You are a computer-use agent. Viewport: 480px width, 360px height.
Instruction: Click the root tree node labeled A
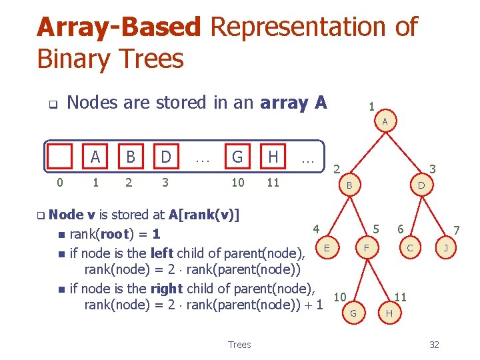pyautogui.click(x=385, y=121)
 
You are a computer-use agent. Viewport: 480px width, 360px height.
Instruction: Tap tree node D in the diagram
pyautogui.click(x=421, y=184)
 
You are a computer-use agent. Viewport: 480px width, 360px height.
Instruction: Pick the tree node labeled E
pyautogui.click(x=326, y=248)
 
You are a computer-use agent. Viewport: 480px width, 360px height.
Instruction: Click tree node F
pyautogui.click(x=366, y=248)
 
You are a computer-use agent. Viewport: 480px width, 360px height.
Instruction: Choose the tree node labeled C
pyautogui.click(x=410, y=248)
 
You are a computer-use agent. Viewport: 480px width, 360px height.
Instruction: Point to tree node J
pyautogui.click(x=445, y=248)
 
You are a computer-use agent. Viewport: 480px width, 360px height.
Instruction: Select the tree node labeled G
pyautogui.click(x=353, y=313)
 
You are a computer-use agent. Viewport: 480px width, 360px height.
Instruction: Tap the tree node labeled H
pyautogui.click(x=389, y=313)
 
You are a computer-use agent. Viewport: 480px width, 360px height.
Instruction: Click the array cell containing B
pyautogui.click(x=131, y=157)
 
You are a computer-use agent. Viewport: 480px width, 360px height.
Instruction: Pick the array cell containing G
pyautogui.click(x=237, y=157)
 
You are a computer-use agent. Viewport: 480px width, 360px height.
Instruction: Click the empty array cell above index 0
pyautogui.click(x=61, y=157)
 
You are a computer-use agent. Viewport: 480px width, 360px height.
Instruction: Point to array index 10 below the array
pyautogui.click(x=237, y=183)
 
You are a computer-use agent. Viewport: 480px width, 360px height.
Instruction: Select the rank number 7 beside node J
pyautogui.click(x=457, y=230)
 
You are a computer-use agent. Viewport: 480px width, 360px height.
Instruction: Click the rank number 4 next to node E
pyautogui.click(x=317, y=229)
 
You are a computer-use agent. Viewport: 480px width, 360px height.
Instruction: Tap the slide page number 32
pyautogui.click(x=434, y=345)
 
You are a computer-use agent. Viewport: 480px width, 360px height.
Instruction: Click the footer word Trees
pyautogui.click(x=239, y=345)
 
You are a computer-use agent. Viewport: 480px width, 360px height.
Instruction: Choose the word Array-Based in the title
pyautogui.click(x=119, y=27)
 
